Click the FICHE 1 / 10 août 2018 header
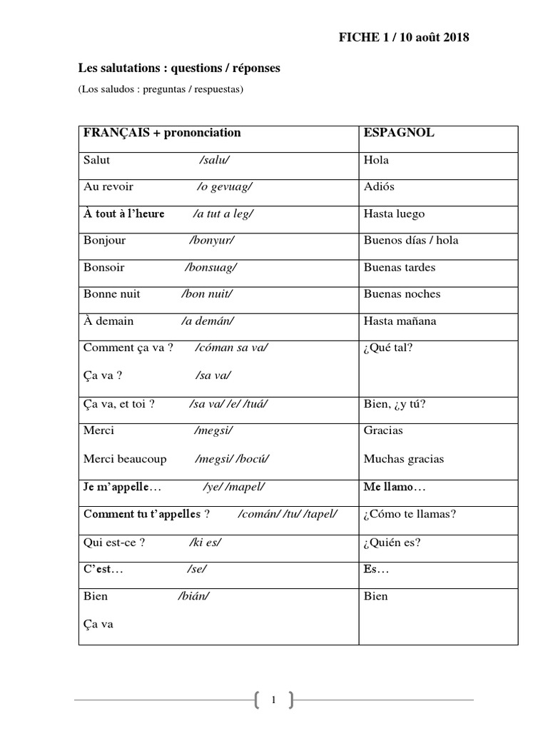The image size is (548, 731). (403, 38)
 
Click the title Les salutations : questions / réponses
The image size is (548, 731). (179, 69)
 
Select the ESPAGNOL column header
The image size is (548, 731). (399, 133)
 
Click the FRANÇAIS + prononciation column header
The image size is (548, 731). (162, 133)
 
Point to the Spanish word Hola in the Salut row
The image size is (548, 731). (376, 160)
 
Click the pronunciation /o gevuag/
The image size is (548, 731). (225, 187)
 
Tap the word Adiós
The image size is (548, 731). (379, 187)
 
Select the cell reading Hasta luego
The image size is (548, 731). (394, 213)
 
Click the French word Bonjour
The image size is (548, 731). (104, 241)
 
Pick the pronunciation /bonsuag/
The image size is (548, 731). (210, 268)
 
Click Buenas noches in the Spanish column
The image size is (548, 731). (402, 294)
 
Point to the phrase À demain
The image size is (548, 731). (108, 321)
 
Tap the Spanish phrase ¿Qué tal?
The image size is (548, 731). (388, 348)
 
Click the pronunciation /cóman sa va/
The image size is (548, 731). (232, 348)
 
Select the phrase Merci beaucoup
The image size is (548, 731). (125, 459)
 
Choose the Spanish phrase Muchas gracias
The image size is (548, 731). (403, 459)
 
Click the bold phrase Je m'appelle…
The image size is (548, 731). (123, 487)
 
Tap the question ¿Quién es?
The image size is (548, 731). (392, 542)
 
